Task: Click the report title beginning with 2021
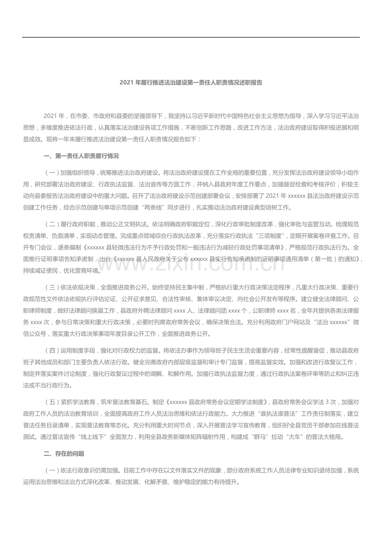pyautogui.click(x=191, y=83)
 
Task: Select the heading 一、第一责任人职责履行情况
pyautogui.click(x=81, y=156)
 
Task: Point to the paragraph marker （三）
pyautogui.click(x=51, y=287)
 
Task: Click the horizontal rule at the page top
pyautogui.click(x=191, y=37)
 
